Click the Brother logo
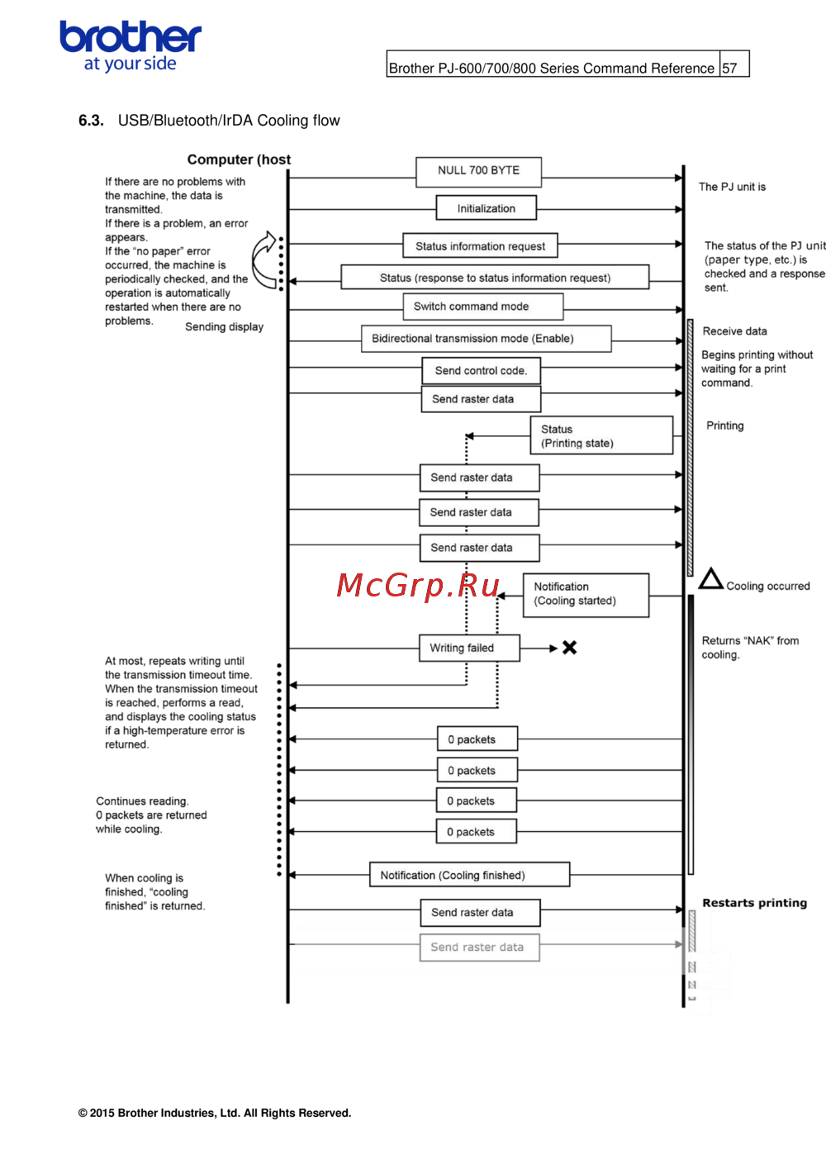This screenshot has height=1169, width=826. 131,46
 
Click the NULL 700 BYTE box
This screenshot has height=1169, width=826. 479,171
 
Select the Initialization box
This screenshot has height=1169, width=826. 487,208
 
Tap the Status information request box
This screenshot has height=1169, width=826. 480,246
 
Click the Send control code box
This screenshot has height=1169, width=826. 482,371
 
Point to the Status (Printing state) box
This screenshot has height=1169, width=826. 601,436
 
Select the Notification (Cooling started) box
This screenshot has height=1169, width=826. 586,594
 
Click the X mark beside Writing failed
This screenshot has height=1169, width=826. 570,648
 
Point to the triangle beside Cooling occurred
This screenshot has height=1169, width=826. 710,579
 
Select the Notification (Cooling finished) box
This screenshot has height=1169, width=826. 469,876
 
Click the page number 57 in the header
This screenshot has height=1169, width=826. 730,69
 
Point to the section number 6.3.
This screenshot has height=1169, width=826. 91,121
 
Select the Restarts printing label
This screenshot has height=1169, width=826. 754,903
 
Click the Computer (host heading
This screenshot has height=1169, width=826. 239,159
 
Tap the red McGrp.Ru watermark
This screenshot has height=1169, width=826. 419,585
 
